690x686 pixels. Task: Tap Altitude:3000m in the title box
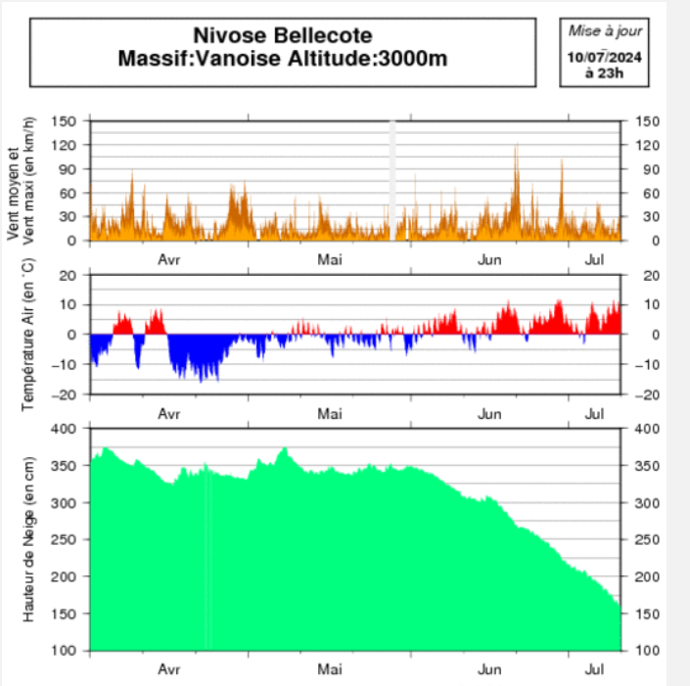click(x=373, y=59)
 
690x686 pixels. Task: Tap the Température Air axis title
click(x=28, y=336)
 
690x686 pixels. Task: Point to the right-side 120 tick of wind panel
click(x=647, y=145)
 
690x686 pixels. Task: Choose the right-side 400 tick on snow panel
click(x=647, y=430)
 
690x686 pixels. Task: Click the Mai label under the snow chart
click(x=330, y=670)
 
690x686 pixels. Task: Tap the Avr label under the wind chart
click(x=169, y=260)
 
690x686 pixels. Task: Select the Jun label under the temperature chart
click(x=490, y=414)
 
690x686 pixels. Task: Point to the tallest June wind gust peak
click(x=516, y=146)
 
